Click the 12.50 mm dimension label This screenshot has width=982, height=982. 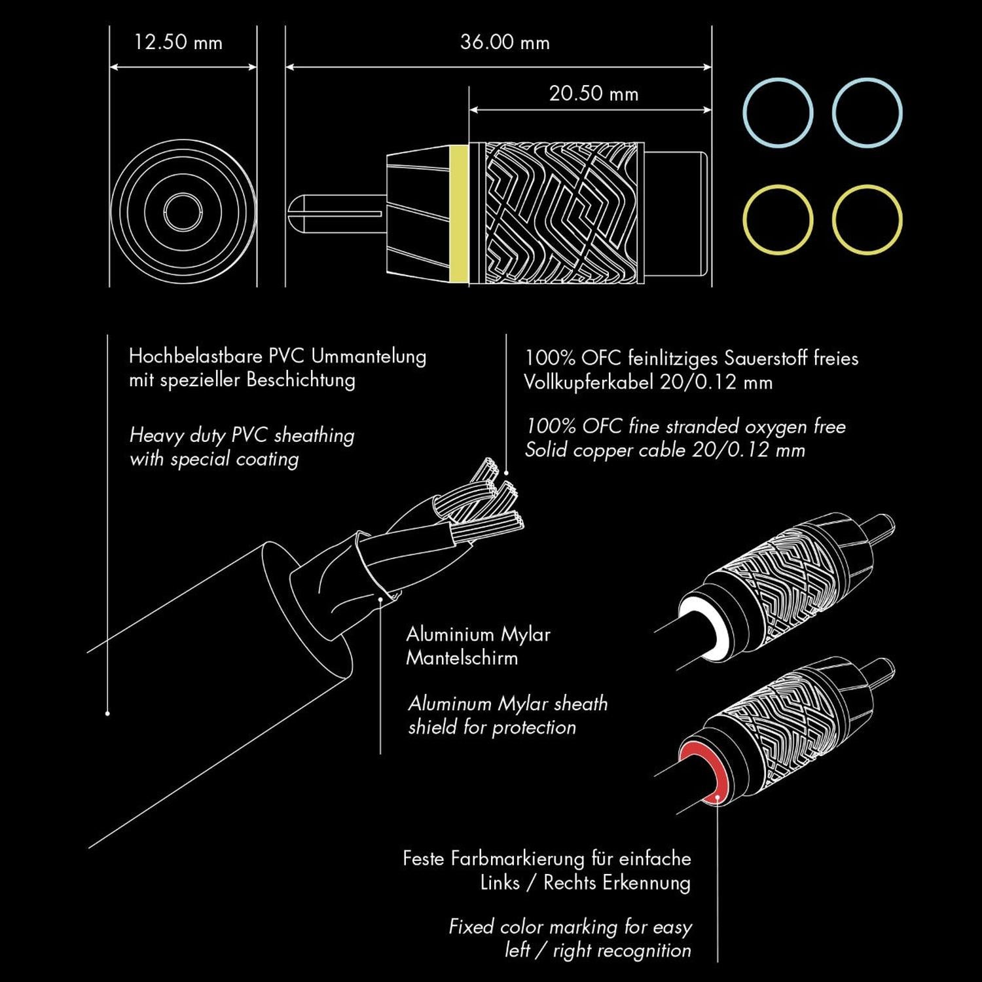pyautogui.click(x=178, y=43)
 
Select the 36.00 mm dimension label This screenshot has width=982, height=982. pyautogui.click(x=505, y=43)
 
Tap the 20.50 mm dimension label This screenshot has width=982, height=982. pyautogui.click(x=594, y=94)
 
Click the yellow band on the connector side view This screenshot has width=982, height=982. pyautogui.click(x=460, y=213)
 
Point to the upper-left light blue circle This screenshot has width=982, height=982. pyautogui.click(x=778, y=113)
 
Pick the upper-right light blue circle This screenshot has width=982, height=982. pyautogui.click(x=867, y=113)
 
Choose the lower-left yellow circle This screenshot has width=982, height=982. pyautogui.click(x=778, y=219)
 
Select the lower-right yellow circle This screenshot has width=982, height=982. pyautogui.click(x=867, y=219)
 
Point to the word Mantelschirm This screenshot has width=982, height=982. pyautogui.click(x=462, y=658)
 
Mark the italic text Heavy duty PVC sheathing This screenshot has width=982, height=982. pyautogui.click(x=242, y=435)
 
